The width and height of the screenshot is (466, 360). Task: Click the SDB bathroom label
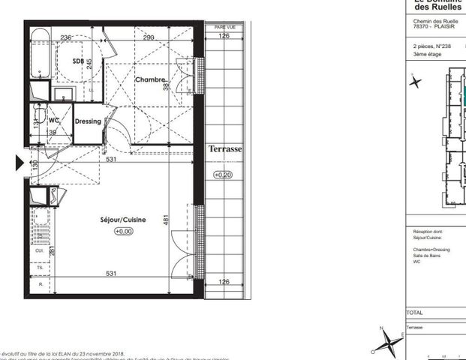coord(79,61)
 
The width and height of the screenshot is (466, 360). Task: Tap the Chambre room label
coord(149,79)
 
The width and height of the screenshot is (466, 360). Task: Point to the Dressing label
coord(88,121)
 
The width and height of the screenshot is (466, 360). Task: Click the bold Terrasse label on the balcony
coord(225,149)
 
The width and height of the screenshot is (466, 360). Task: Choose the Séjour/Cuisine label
coord(122,220)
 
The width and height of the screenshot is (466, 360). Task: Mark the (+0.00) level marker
coord(123,232)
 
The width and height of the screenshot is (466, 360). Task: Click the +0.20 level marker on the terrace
coord(223,175)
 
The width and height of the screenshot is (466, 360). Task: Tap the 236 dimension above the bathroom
coord(65,37)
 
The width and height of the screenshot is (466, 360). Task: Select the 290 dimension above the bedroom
coord(149,37)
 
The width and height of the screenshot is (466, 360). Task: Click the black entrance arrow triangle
coord(21,163)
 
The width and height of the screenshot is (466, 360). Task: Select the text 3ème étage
coord(428,55)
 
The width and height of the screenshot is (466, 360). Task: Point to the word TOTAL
coord(415,312)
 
